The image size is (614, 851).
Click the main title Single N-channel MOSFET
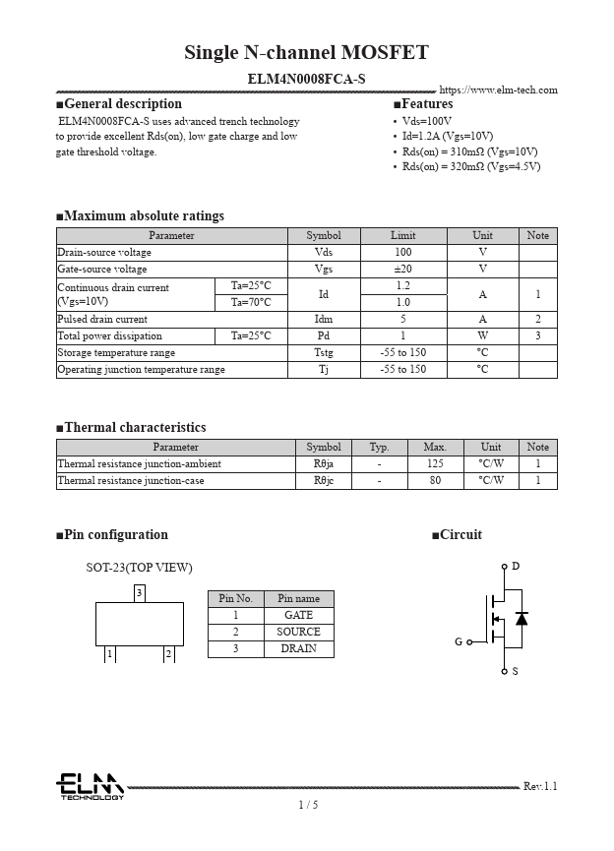[306, 53]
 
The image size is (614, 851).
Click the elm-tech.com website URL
[498, 91]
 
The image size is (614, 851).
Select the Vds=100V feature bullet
[427, 121]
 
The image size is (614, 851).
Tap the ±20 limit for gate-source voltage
[403, 269]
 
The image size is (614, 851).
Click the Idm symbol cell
[324, 319]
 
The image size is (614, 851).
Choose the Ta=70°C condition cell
[251, 302]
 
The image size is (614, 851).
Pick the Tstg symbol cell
[324, 352]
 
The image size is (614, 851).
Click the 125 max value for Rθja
[435, 463]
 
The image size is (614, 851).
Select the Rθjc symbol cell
[324, 480]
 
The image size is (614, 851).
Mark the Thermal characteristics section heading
[135, 428]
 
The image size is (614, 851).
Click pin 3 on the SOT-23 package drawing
[140, 592]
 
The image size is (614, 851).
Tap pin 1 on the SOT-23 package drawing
[110, 654]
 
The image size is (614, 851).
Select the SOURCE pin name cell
[298, 632]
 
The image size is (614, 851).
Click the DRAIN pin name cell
[298, 648]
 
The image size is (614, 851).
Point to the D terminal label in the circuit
[516, 567]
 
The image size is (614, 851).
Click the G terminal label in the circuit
[459, 641]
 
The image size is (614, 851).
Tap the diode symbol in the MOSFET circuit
[522, 618]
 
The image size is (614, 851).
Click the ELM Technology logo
[90, 786]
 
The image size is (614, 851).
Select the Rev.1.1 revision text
[540, 786]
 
